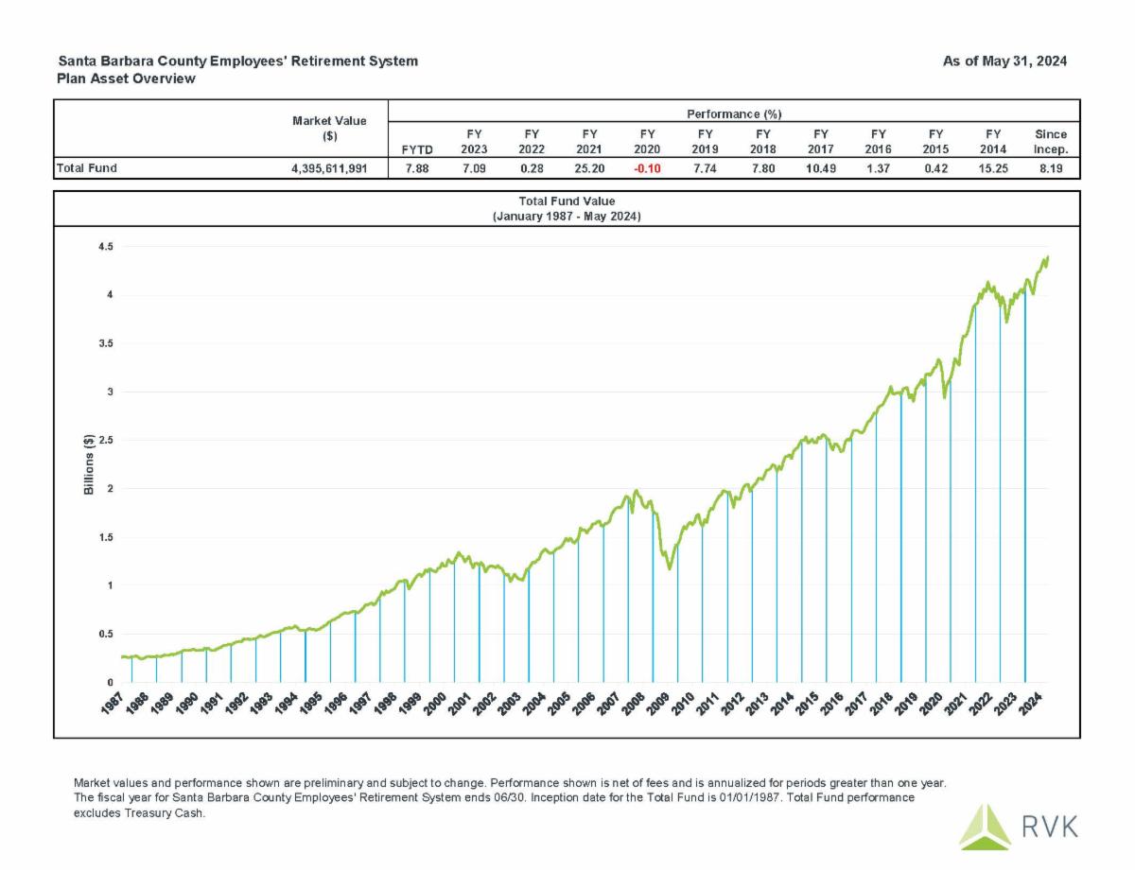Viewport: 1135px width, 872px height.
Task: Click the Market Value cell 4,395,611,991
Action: pyautogui.click(x=328, y=169)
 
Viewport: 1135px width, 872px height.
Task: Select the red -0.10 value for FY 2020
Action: pyautogui.click(x=647, y=169)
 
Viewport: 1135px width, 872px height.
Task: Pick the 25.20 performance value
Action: pyautogui.click(x=589, y=169)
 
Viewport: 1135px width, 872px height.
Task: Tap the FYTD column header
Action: pyautogui.click(x=417, y=148)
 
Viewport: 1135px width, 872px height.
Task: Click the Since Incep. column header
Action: pyautogui.click(x=1051, y=142)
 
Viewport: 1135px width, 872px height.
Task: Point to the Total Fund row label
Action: pyautogui.click(x=87, y=169)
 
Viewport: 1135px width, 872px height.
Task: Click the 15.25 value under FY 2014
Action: pyautogui.click(x=993, y=169)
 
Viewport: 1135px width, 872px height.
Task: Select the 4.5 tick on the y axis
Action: pyautogui.click(x=105, y=247)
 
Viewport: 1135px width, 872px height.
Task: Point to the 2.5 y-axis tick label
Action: pyautogui.click(x=105, y=441)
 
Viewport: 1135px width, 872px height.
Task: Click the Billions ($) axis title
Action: pyautogui.click(x=89, y=464)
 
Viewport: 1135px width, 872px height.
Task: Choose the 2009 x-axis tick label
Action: pyautogui.click(x=658, y=705)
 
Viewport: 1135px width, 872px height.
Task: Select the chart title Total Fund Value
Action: pyautogui.click(x=567, y=201)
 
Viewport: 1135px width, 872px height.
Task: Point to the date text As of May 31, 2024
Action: pyautogui.click(x=1004, y=61)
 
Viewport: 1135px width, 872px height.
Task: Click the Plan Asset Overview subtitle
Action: pyautogui.click(x=127, y=78)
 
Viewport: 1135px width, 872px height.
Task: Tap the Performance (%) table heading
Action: pyautogui.click(x=733, y=113)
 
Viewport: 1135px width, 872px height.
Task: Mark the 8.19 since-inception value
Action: pyautogui.click(x=1051, y=169)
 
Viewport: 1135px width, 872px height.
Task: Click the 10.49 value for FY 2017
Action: pyautogui.click(x=820, y=169)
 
